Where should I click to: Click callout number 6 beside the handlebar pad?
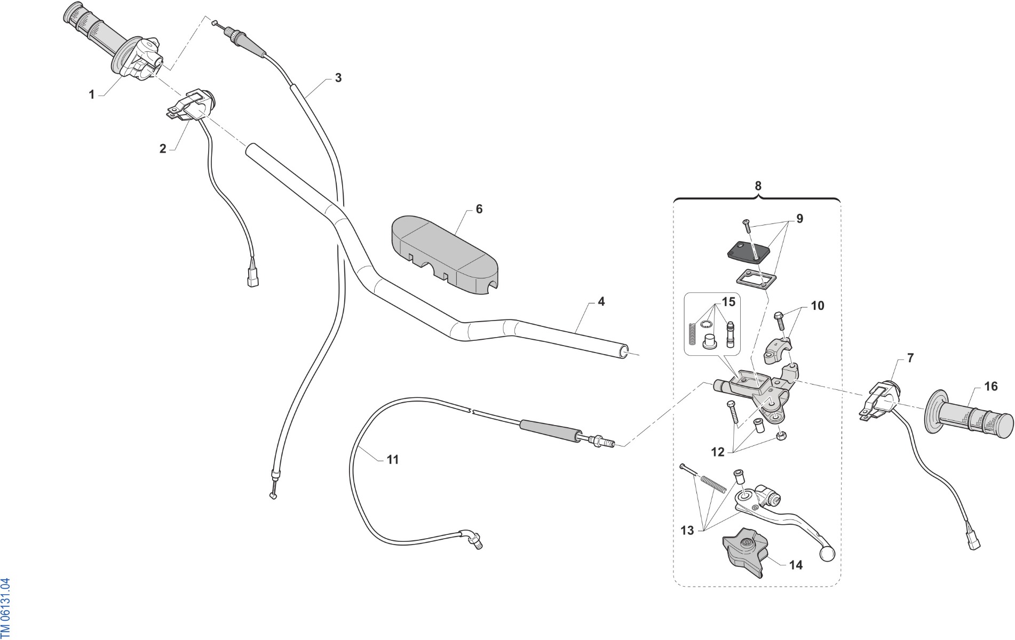click(x=479, y=209)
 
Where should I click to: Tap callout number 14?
click(x=795, y=565)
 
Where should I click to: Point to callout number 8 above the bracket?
click(x=758, y=186)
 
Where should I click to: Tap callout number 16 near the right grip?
click(x=990, y=386)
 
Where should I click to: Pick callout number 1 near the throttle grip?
click(x=91, y=94)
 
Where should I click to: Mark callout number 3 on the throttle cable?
click(x=338, y=78)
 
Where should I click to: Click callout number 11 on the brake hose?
click(x=392, y=459)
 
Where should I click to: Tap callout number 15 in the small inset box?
click(x=728, y=302)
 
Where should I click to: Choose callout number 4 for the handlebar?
click(x=601, y=301)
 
